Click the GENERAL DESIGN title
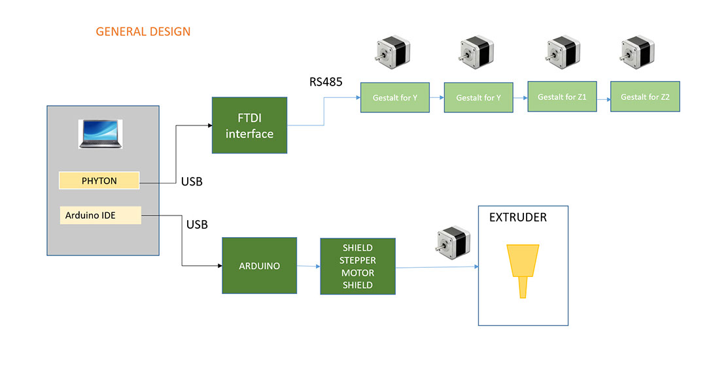pyautogui.click(x=143, y=31)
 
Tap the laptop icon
pyautogui.click(x=100, y=134)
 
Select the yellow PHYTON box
pyautogui.click(x=99, y=180)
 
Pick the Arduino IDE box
pyautogui.click(x=100, y=215)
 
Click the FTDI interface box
pyautogui.click(x=249, y=125)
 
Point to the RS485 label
pyautogui.click(x=326, y=82)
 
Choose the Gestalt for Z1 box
pyautogui.click(x=562, y=97)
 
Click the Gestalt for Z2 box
pyautogui.click(x=645, y=97)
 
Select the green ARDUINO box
pyautogui.click(x=260, y=266)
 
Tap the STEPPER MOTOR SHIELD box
pyautogui.click(x=358, y=266)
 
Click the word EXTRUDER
pyautogui.click(x=517, y=218)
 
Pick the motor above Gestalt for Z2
pyautogui.click(x=636, y=52)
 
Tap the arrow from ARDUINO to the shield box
pyautogui.click(x=308, y=266)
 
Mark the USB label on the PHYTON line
pyautogui.click(x=192, y=182)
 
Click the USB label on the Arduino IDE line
pyautogui.click(x=197, y=225)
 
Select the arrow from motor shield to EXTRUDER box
pyautogui.click(x=437, y=267)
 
